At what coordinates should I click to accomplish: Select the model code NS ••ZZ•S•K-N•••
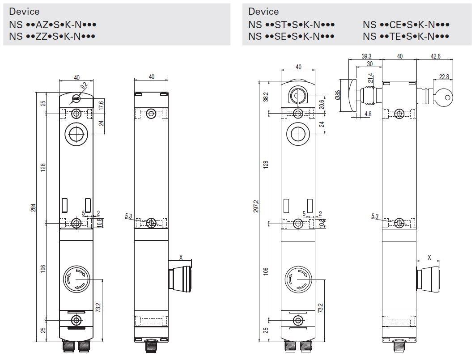tap(53, 36)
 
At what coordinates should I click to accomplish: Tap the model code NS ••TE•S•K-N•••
tap(406, 36)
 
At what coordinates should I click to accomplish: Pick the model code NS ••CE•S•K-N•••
tap(406, 24)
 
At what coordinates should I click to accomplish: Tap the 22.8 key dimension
tap(444, 76)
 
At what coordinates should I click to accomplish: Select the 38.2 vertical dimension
tap(265, 97)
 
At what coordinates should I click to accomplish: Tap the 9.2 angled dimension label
tap(84, 87)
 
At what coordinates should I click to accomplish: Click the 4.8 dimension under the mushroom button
tap(368, 114)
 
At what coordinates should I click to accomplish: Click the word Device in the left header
tap(24, 12)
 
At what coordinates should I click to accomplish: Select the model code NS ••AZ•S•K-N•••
tap(53, 24)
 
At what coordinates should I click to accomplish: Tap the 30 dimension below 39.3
tap(369, 64)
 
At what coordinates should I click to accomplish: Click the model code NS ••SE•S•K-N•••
tap(292, 36)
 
